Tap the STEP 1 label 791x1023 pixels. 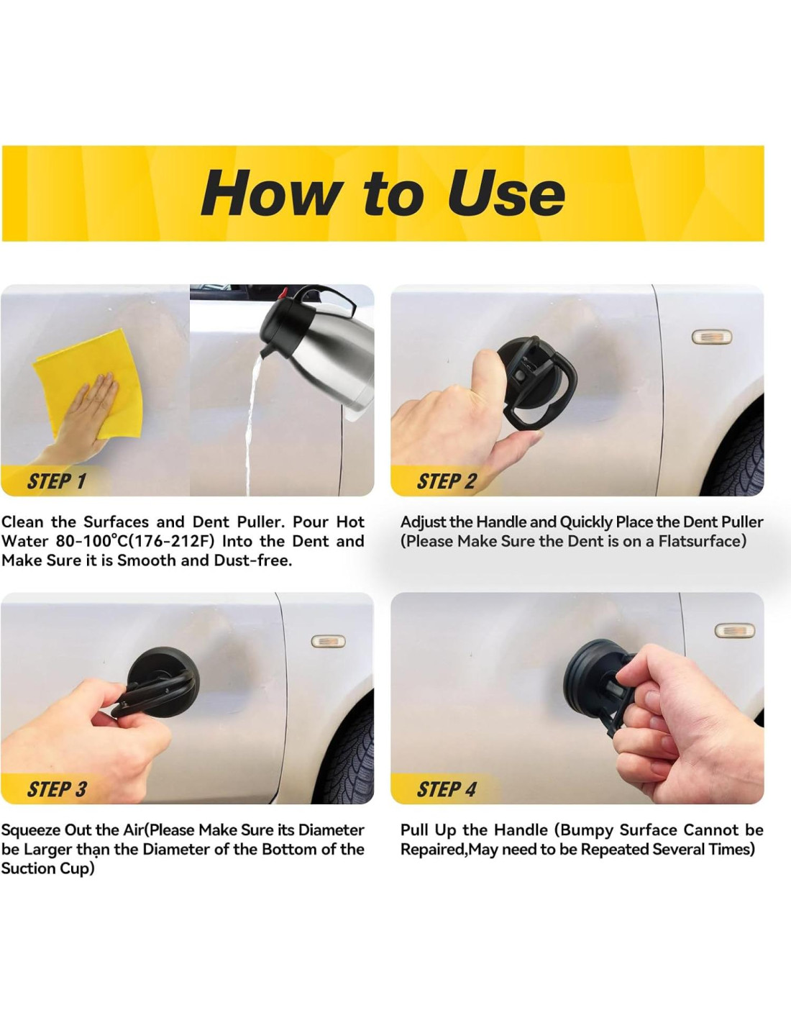(57, 481)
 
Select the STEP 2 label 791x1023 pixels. (446, 481)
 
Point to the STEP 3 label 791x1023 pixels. (57, 789)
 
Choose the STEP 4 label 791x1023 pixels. (447, 789)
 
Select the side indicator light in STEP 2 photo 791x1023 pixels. (711, 337)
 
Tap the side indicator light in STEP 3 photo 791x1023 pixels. (329, 641)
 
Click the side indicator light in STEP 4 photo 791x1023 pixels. (734, 630)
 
